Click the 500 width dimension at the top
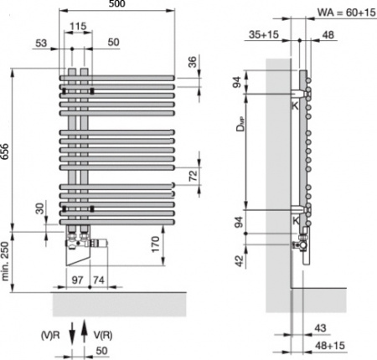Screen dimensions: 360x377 (x=119, y=7)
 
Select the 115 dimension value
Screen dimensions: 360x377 (x=78, y=28)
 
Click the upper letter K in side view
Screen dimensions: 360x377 (x=294, y=106)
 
